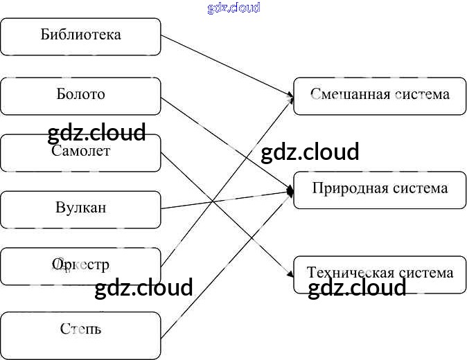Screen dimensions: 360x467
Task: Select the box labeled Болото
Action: pos(80,96)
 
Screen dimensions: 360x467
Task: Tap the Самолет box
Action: pos(80,152)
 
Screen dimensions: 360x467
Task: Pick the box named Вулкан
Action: pos(80,209)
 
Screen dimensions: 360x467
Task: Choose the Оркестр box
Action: pos(80,266)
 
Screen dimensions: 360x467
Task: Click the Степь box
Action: pos(80,330)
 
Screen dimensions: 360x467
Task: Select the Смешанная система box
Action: pos(380,96)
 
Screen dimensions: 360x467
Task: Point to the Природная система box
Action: pos(380,189)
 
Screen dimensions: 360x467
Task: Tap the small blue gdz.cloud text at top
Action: pos(233,8)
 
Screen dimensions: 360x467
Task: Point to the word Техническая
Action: pos(350,273)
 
